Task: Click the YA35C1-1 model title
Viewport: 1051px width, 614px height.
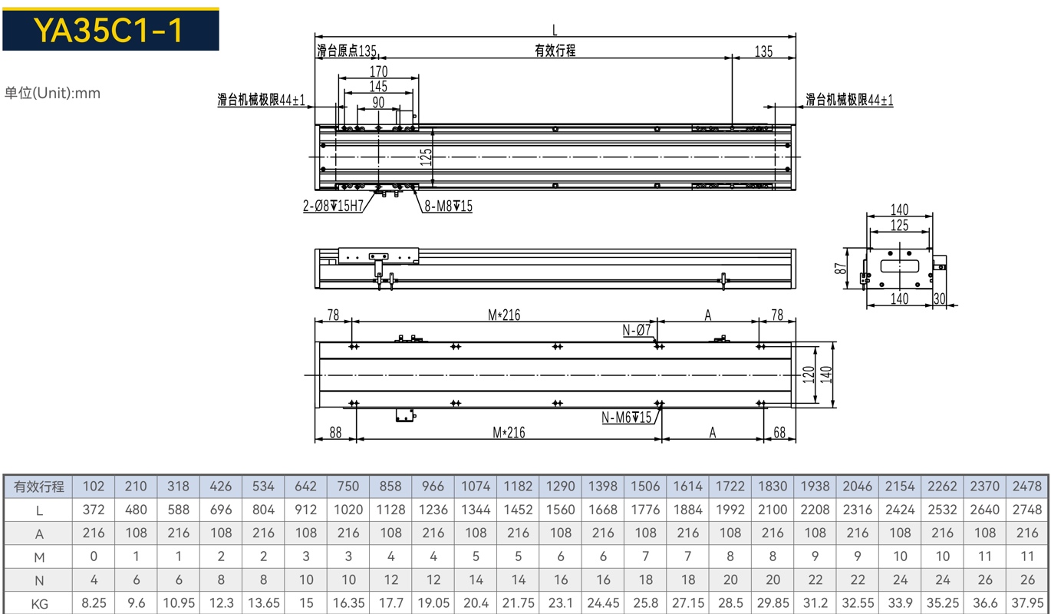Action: click(x=108, y=31)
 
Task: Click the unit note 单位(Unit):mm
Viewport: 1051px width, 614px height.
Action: click(x=52, y=93)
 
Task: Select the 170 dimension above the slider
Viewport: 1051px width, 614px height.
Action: click(x=379, y=71)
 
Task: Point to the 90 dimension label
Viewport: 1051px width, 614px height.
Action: click(x=378, y=102)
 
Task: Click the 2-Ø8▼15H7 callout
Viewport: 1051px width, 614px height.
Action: click(x=333, y=206)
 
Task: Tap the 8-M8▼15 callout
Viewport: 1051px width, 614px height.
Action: click(x=449, y=206)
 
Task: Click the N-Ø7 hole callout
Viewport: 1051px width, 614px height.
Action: click(x=637, y=330)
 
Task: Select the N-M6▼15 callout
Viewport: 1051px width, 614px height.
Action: click(x=626, y=418)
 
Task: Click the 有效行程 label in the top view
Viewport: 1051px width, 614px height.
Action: click(x=555, y=50)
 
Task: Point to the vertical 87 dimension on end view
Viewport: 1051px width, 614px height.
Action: click(x=840, y=269)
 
